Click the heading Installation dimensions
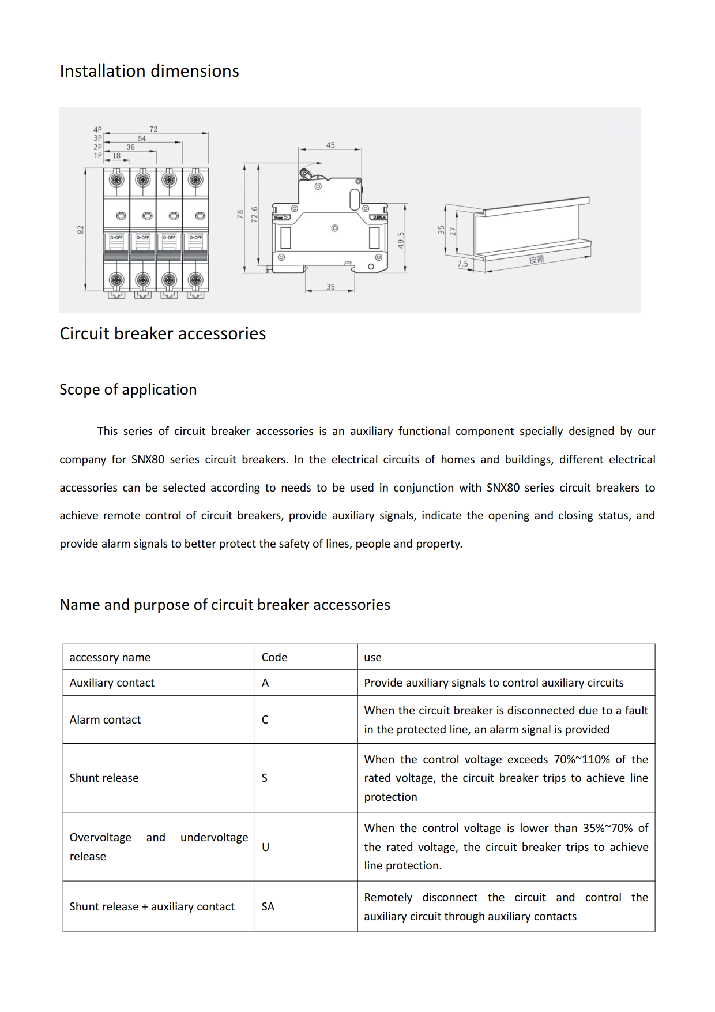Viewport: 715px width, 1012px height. (149, 71)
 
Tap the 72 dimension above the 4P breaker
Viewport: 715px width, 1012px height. (153, 129)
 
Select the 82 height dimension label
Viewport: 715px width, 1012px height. (81, 230)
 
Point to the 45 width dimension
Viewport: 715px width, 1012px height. (330, 145)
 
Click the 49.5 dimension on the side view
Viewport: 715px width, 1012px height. (401, 240)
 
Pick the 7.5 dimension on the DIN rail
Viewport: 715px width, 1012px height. (463, 264)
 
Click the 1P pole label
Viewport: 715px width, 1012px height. (98, 156)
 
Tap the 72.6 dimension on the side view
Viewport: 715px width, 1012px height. (254, 215)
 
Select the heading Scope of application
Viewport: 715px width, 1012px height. (128, 389)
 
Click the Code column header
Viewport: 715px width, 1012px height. (274, 657)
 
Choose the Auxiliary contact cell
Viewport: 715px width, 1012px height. (112, 683)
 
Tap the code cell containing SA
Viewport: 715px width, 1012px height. (268, 906)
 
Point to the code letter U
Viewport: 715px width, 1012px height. (266, 847)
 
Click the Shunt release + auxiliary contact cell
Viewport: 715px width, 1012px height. (152, 906)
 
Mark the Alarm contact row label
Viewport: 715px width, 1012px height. (105, 719)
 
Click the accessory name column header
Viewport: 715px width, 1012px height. (110, 657)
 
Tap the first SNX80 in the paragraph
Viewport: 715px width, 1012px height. (148, 459)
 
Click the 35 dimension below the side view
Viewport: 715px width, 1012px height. (330, 287)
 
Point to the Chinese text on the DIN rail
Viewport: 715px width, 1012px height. (536, 259)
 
